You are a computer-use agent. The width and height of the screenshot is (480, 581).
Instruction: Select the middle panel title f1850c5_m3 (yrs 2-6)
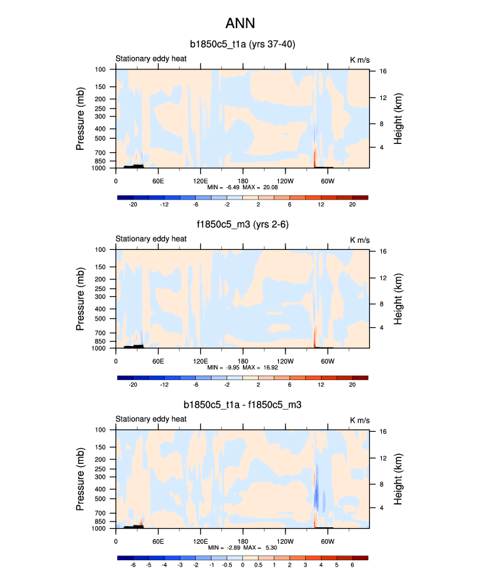click(x=242, y=225)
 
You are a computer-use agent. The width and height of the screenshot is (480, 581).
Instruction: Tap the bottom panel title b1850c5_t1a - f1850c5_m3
click(x=242, y=406)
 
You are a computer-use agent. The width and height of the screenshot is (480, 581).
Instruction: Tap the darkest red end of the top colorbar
click(x=360, y=197)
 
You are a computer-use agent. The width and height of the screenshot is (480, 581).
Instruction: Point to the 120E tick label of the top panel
click(x=200, y=181)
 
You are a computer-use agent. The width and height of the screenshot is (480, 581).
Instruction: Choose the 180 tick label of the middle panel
click(x=243, y=361)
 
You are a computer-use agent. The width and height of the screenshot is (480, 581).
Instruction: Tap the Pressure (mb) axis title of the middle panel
click(x=81, y=298)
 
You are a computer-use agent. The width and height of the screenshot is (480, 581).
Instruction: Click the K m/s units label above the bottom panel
click(x=359, y=420)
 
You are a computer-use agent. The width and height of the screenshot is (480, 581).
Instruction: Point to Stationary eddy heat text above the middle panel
click(x=151, y=239)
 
